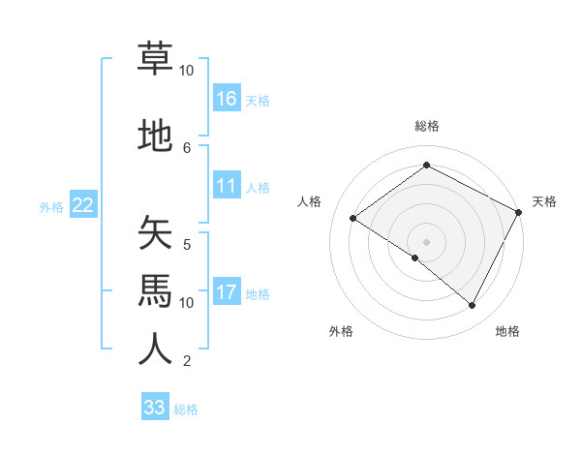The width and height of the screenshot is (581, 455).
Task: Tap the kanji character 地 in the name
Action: (x=155, y=136)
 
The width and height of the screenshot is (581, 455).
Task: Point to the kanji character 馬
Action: (x=155, y=291)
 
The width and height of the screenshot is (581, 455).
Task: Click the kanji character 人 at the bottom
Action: (x=155, y=349)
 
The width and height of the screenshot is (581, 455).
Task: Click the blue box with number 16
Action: (x=227, y=99)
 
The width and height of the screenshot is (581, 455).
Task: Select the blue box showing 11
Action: (x=227, y=186)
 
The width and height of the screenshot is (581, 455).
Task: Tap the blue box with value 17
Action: (x=227, y=292)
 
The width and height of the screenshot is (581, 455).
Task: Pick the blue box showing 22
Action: (x=83, y=205)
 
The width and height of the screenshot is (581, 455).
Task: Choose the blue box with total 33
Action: (x=155, y=408)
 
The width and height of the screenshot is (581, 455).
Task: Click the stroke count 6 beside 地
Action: (x=187, y=147)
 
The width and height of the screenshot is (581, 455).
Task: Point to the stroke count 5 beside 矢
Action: (x=187, y=244)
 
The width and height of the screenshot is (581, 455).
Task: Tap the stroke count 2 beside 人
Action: (x=187, y=361)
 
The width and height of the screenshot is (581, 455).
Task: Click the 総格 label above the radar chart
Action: (x=426, y=126)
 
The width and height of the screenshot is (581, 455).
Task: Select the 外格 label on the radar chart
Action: (x=341, y=331)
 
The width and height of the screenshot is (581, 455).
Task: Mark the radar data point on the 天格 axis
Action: (x=519, y=212)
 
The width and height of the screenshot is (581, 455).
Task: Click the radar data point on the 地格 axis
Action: (x=473, y=306)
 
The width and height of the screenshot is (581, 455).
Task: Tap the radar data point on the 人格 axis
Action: (x=353, y=219)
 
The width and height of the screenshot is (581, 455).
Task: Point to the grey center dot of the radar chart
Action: (x=426, y=241)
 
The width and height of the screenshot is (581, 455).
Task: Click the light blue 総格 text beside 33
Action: (x=186, y=409)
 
